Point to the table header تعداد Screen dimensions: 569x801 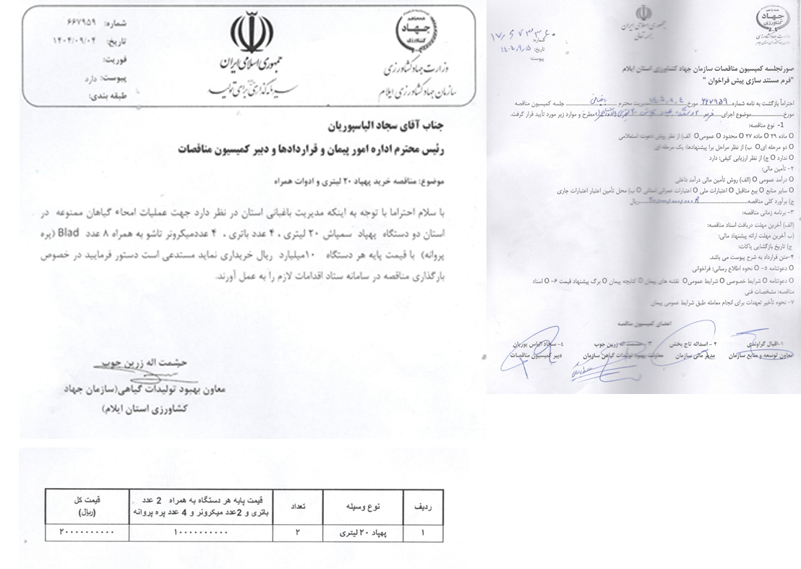coord(298,508)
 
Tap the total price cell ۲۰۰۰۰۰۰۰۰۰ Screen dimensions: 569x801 coord(87,534)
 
